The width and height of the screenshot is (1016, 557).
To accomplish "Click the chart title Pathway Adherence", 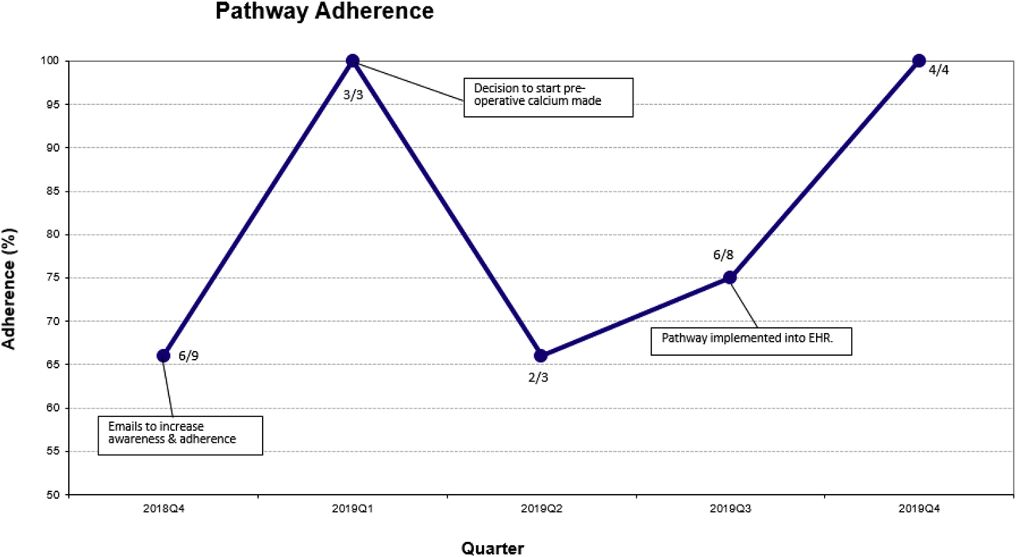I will pos(325,12).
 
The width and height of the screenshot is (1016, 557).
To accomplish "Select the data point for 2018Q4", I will pos(164,355).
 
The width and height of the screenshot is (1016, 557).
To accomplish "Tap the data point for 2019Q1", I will pos(352,61).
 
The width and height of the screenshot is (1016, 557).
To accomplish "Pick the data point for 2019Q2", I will pos(541,355).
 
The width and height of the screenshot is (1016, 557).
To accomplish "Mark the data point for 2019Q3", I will pos(729,277).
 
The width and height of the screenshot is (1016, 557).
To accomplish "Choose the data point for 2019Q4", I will pos(919,60).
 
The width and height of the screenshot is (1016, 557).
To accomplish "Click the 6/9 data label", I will pos(189,356).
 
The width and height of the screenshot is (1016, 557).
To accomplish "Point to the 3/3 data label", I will pos(352,95).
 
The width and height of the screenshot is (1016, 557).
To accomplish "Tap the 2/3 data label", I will pos(538,377).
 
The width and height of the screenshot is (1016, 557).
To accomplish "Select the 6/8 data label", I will pos(723,255).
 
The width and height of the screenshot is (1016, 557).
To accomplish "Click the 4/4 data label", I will pos(938,70).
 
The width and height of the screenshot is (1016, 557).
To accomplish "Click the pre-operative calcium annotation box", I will pos(548,97).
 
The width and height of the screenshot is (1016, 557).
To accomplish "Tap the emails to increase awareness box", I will pos(179,432).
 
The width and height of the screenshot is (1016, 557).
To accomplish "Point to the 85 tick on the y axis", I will pos(54,191).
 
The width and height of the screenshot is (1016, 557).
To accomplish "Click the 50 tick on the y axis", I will pos(54,495).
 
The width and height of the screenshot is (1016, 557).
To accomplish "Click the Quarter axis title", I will pos(492,548).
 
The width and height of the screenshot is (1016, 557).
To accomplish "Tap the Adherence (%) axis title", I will pos(10,278).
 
